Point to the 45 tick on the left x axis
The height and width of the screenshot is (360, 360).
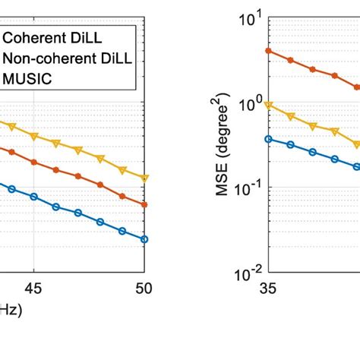click(x=33, y=289)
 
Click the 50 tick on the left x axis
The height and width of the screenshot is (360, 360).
click(x=144, y=289)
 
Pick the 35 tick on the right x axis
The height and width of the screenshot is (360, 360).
click(x=267, y=289)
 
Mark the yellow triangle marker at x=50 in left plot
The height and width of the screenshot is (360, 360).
click(x=144, y=178)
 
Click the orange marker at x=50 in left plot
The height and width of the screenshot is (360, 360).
click(x=144, y=205)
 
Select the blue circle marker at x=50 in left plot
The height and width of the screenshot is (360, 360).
click(x=144, y=239)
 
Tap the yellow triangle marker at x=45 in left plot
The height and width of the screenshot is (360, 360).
click(x=33, y=136)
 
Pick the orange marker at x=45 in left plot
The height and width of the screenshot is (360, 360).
click(x=33, y=162)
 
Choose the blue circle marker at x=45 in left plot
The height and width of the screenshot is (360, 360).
click(x=33, y=197)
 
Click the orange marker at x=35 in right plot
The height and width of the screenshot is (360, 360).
click(x=267, y=50)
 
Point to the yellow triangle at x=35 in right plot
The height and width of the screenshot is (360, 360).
click(x=267, y=105)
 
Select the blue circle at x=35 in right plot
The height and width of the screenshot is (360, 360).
click(x=267, y=138)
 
